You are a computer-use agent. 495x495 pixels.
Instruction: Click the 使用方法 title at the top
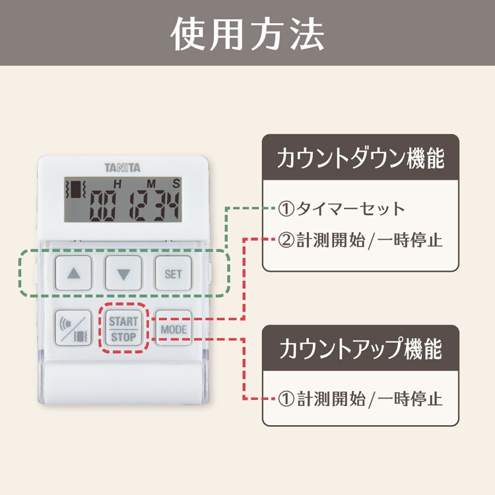(247, 33)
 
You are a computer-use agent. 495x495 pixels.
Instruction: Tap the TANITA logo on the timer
(122, 168)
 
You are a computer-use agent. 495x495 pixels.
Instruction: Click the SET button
(173, 274)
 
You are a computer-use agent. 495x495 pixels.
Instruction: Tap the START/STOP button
(123, 328)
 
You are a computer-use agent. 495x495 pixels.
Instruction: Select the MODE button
(173, 329)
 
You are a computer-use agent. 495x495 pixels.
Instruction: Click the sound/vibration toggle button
(73, 328)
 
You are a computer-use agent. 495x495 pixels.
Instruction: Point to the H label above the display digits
(118, 183)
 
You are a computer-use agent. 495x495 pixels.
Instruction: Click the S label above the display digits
(176, 183)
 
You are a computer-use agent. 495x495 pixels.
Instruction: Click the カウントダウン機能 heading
(360, 159)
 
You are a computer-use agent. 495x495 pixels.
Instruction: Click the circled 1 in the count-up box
(285, 399)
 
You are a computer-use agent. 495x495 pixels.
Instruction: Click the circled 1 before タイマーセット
(285, 209)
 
